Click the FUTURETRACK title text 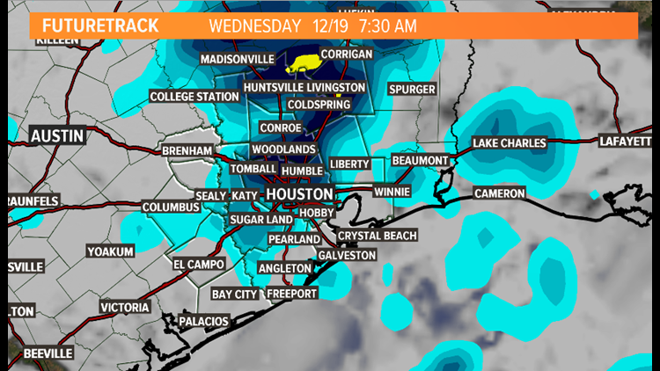99,25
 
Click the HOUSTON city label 299,193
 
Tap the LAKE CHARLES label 510,143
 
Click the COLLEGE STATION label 194,97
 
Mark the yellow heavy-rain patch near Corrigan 305,63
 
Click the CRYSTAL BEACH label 378,236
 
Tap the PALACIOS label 203,322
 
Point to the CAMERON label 499,193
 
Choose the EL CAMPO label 199,264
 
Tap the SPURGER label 412,89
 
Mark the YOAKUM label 110,251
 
